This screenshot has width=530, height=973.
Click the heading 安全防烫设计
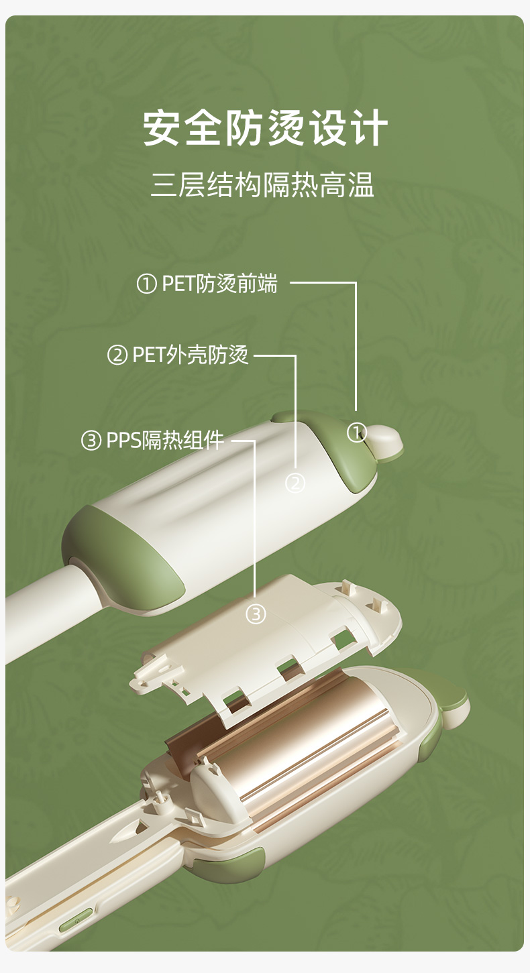point(265,127)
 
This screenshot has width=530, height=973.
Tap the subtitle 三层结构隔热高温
point(262,185)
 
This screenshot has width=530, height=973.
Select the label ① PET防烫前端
point(207,284)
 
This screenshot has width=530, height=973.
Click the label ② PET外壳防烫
point(178,355)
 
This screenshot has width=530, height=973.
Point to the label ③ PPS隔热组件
point(152,440)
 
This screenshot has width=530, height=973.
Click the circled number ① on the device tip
point(357,433)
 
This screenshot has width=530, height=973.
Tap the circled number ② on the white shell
point(295,483)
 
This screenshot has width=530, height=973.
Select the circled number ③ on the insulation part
point(256,614)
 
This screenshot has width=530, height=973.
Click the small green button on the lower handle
point(76,919)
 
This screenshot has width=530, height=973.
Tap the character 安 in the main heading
point(163,127)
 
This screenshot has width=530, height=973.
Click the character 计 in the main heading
point(368,127)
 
